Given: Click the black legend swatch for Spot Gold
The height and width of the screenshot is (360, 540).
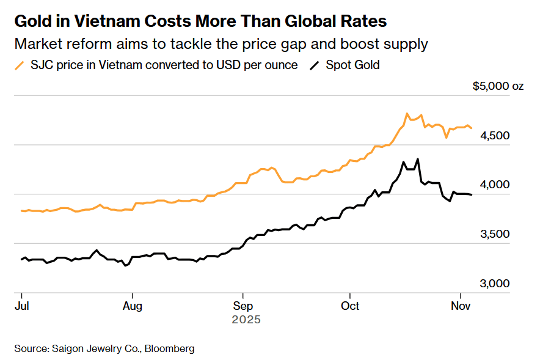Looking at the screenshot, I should coord(315,65).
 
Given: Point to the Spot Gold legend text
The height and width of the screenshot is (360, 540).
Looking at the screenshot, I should coord(352,65).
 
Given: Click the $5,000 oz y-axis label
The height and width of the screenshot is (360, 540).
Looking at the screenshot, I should coord(498,86).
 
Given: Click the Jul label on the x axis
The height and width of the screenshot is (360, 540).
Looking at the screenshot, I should coord(21,305).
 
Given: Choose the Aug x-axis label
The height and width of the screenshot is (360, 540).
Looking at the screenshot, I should coord(133,305).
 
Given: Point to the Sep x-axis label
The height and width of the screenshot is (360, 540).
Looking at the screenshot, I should coord(243,305).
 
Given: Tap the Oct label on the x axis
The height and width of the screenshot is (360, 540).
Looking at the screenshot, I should coord(350,305).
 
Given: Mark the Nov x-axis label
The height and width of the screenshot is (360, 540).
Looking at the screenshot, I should coord(461,305).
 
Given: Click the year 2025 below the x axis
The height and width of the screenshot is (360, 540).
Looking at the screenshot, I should coord(246,319).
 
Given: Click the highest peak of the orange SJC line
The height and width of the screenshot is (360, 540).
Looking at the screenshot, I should coord(407,114).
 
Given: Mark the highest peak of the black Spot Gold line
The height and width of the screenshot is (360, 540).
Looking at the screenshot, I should coord(418,159).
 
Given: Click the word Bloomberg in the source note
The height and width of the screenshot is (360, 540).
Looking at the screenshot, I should coord(170,348).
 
